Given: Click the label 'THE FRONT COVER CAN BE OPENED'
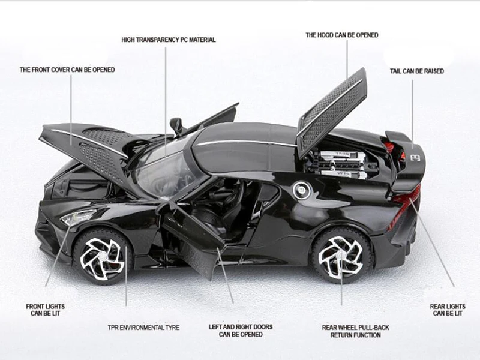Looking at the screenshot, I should click(x=67, y=70).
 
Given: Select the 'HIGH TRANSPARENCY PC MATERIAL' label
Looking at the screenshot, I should click(x=169, y=40).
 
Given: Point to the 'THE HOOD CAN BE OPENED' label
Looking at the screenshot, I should click(x=342, y=35).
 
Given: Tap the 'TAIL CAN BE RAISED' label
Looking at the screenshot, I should click(x=417, y=71).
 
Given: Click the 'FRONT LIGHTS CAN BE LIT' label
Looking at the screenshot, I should click(x=45, y=310).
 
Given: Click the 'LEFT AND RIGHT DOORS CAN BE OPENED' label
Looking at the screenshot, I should click(x=241, y=331).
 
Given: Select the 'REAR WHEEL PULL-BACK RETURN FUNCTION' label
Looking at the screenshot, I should click(x=355, y=331).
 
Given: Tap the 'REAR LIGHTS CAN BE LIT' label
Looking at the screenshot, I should click(x=448, y=310).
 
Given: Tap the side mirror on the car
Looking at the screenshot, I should click(x=176, y=125).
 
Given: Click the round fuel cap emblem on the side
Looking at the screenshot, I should click(x=299, y=191).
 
